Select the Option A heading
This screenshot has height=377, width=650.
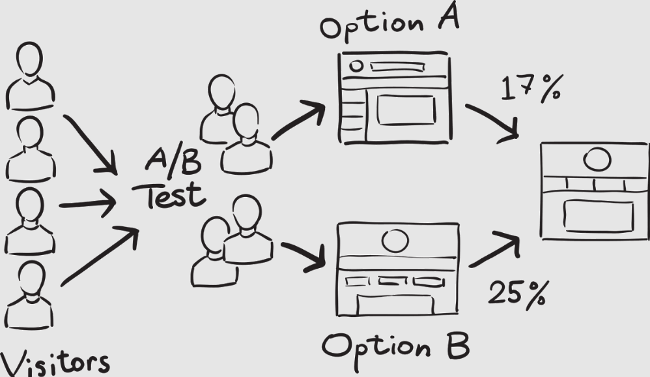click(x=389, y=25)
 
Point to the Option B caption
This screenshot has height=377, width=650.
click(x=395, y=346)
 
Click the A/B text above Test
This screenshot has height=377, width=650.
click(x=173, y=160)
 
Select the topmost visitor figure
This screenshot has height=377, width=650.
click(x=30, y=77)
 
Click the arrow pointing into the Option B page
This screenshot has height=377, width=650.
click(x=303, y=255)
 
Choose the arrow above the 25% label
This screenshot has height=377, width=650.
click(x=495, y=250)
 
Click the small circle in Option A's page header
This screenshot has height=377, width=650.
click(x=356, y=66)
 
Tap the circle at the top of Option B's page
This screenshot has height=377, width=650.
click(x=395, y=240)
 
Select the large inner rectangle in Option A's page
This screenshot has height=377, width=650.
click(x=406, y=110)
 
